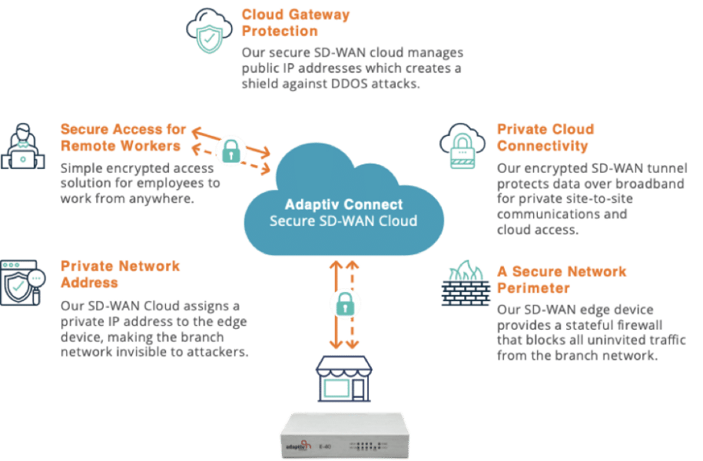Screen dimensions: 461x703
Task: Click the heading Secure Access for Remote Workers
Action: pos(121,136)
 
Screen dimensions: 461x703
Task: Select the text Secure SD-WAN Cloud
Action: pos(343,221)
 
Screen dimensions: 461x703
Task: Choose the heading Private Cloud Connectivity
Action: pos(545,137)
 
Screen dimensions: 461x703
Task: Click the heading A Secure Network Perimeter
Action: pos(562,280)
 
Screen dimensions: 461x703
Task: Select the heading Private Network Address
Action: pos(120,274)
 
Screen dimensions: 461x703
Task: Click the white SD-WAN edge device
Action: pos(350,437)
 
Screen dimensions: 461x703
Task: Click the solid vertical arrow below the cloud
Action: pos(333,303)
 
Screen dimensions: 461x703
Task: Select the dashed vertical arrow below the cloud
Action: pos(353,303)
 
